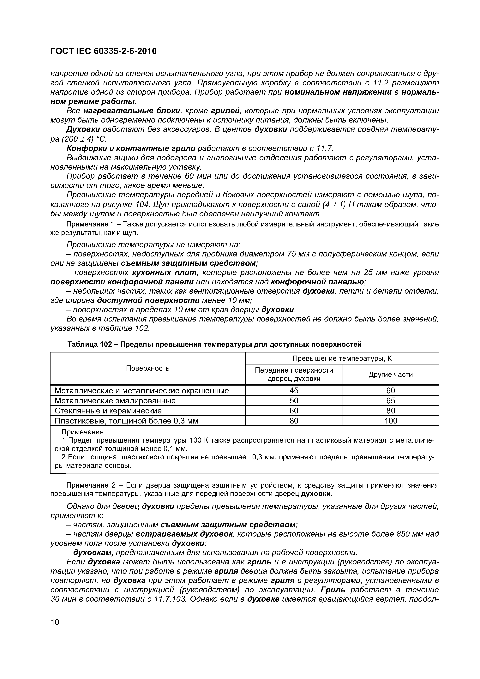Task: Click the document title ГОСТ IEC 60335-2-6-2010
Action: click(104, 51)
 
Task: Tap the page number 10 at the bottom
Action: click(55, 622)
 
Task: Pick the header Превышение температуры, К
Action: click(342, 358)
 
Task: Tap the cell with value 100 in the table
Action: click(391, 421)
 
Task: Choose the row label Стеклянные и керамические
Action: click(108, 411)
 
